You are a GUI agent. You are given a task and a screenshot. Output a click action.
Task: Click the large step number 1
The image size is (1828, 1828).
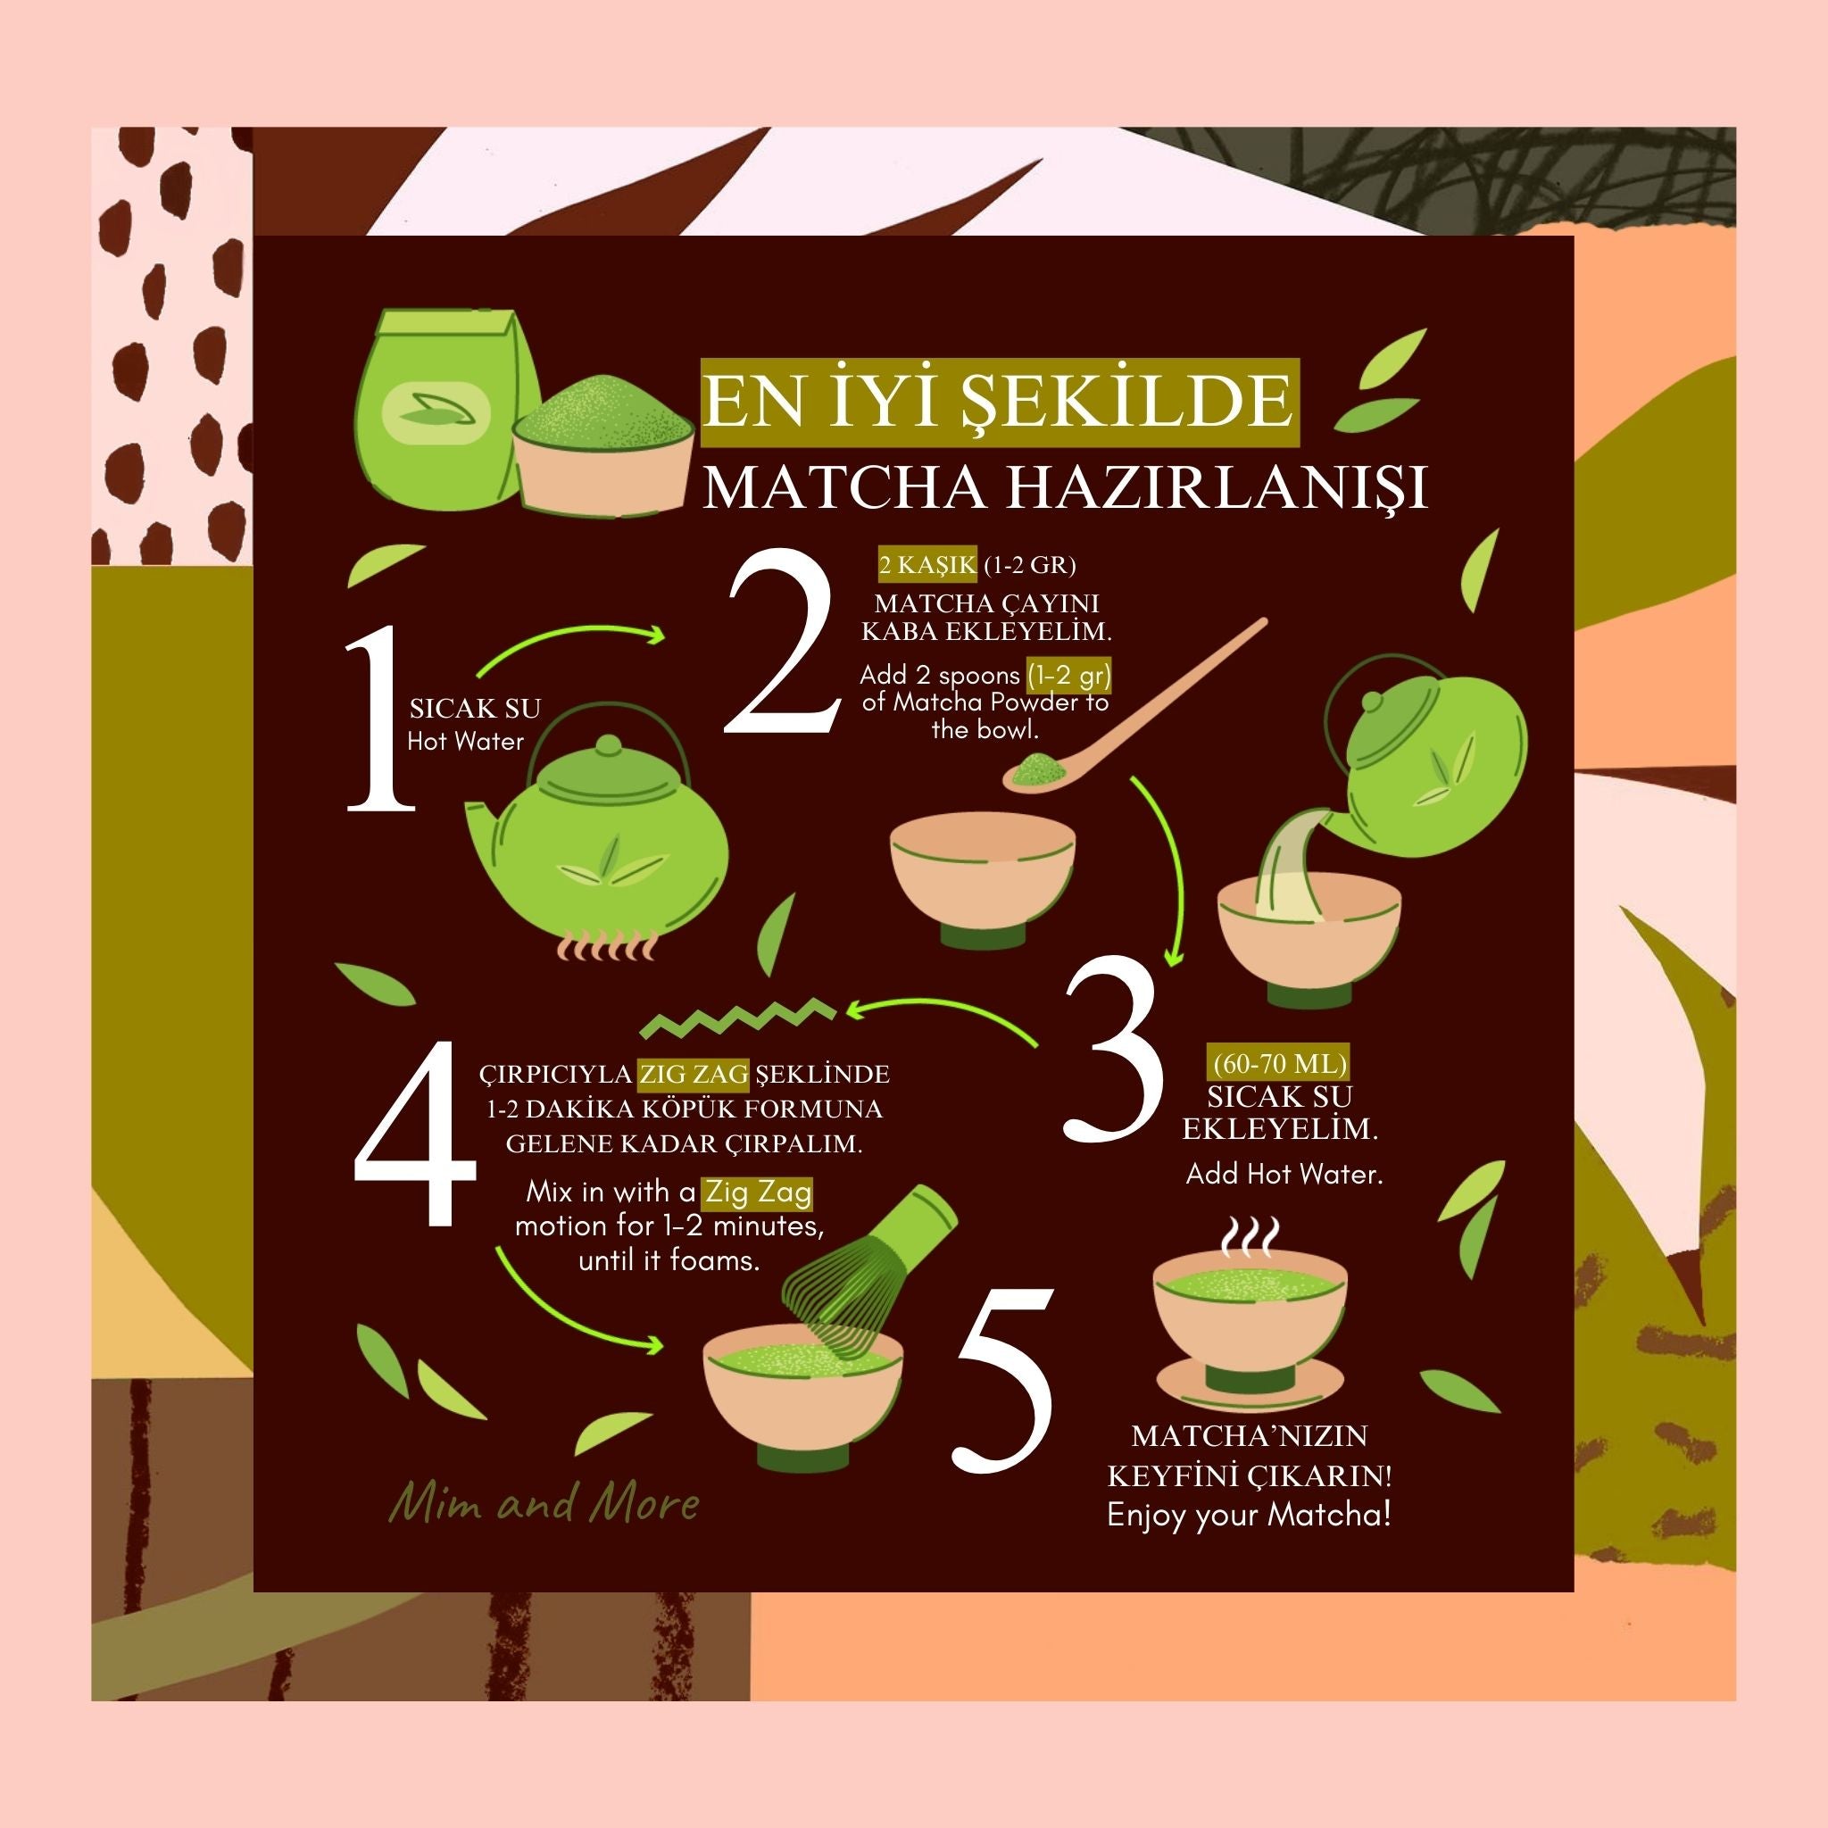[x=378, y=719]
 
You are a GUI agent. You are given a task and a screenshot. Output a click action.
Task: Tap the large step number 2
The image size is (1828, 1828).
[x=782, y=641]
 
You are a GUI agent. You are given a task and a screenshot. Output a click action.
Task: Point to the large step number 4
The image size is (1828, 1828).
[x=415, y=1133]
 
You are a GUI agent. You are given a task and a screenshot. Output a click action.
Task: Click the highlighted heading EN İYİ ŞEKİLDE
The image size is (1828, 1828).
[x=999, y=403]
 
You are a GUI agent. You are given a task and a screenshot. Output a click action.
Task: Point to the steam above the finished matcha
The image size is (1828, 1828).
[x=1250, y=1238]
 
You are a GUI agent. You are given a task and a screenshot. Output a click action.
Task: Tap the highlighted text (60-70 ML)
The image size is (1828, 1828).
[x=1279, y=1063]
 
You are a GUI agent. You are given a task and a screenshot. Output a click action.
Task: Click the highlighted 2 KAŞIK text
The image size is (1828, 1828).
[x=927, y=565]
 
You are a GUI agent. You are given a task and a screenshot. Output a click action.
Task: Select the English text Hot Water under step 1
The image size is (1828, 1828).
[x=466, y=741]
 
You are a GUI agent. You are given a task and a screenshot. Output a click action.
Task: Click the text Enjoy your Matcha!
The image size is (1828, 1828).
[x=1249, y=1515]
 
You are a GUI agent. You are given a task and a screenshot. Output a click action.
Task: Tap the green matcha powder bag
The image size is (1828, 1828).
[x=445, y=409]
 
